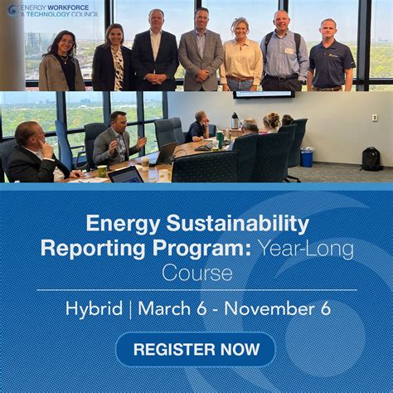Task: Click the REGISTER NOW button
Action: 196,349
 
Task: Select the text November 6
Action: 279,308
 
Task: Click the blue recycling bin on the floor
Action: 307,157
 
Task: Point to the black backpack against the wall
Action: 371,158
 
